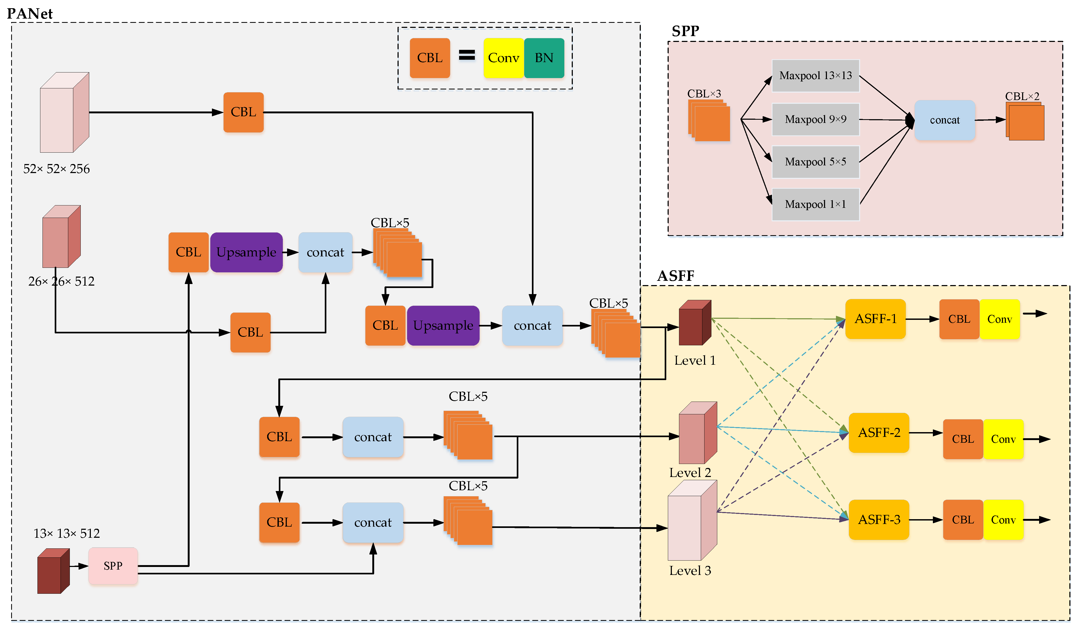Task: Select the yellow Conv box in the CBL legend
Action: click(503, 58)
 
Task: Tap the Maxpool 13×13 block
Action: click(815, 76)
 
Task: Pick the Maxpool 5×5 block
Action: click(815, 162)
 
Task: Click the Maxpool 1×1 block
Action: click(815, 204)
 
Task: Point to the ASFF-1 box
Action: click(875, 319)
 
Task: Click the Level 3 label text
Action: click(690, 571)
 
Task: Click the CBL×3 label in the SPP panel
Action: click(704, 93)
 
